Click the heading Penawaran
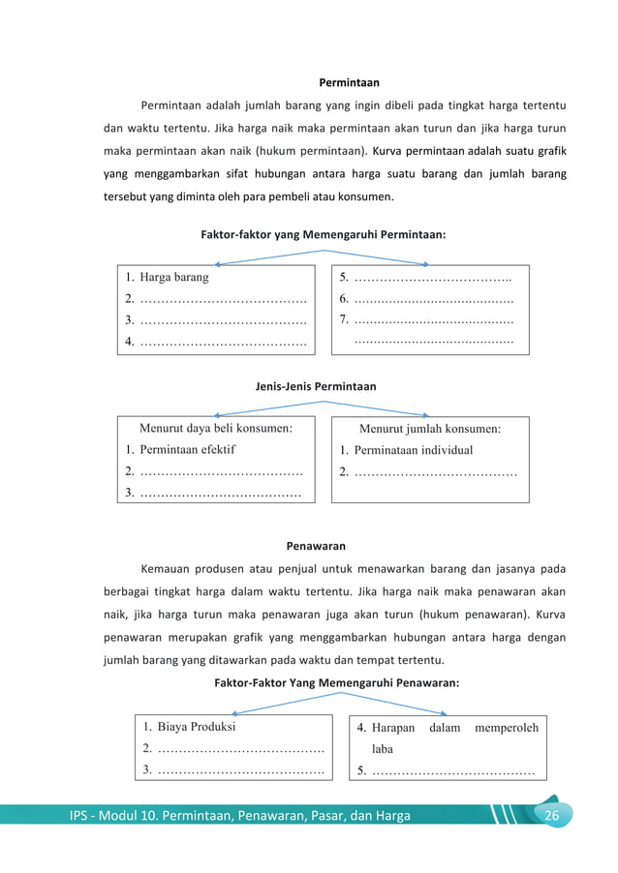(x=316, y=546)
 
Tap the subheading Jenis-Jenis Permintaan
(x=316, y=386)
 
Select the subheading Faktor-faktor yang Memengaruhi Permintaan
(x=323, y=234)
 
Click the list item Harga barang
(x=173, y=277)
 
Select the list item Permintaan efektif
(x=187, y=449)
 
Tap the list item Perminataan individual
(x=413, y=450)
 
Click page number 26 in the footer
(x=552, y=815)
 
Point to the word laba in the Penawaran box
(x=383, y=749)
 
